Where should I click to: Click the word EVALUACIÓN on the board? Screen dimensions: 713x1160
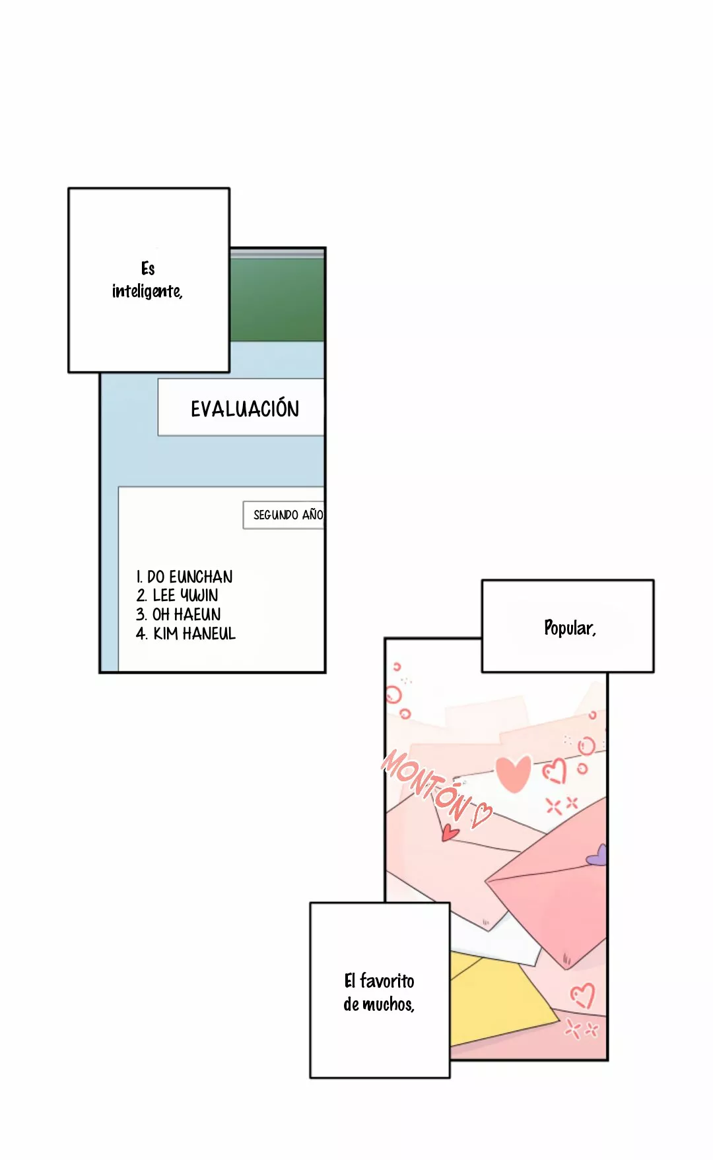245,408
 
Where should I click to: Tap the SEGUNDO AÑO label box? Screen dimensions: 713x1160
284,515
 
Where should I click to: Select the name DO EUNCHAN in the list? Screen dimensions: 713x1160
190,577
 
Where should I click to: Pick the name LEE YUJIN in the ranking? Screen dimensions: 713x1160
186,595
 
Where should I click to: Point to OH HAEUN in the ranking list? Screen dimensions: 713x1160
187,614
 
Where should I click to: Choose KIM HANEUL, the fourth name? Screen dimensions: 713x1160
194,633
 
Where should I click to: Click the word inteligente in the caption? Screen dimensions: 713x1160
147,291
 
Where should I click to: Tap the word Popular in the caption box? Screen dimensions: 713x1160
569,628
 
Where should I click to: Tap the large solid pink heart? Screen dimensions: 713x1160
513,773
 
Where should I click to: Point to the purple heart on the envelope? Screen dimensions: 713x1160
597,855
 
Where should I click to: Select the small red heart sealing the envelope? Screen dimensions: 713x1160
450,832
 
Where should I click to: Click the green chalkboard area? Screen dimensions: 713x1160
277,299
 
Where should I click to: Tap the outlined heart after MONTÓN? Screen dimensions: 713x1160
482,815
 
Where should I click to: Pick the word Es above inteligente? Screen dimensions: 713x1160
148,269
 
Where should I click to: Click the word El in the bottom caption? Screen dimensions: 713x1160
350,981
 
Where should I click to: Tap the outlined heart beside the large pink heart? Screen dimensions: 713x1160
555,770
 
